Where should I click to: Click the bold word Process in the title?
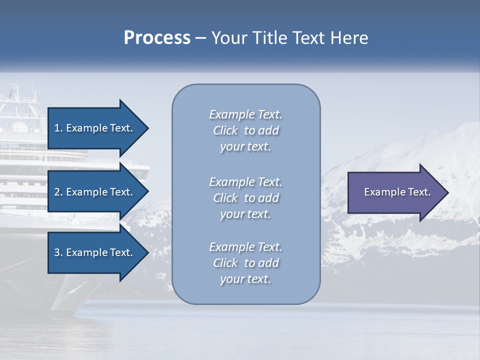tap(157, 38)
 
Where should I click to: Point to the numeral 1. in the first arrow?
tap(58, 128)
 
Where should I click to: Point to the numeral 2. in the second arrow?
tap(58, 192)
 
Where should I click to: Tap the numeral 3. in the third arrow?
tap(58, 252)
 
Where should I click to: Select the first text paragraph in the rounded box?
tap(245, 130)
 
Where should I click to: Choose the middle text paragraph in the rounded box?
tap(245, 198)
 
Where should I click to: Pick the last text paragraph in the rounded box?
tap(245, 263)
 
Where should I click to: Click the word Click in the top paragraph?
tap(225, 130)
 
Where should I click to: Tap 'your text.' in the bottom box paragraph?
tap(245, 279)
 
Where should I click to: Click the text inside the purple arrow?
tap(397, 192)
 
